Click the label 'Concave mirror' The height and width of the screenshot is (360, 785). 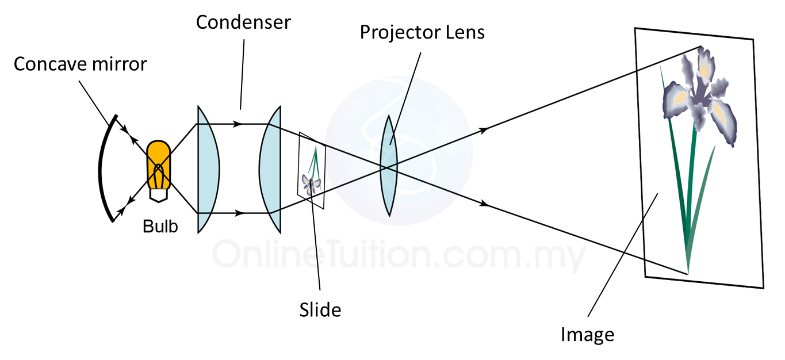(x=81, y=64)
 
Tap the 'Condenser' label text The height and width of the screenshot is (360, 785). (x=243, y=22)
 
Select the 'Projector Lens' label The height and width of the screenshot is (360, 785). (x=422, y=33)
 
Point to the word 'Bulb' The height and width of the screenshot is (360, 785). (x=160, y=226)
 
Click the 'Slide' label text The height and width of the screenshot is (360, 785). (x=320, y=310)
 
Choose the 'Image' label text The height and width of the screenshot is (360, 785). (x=587, y=335)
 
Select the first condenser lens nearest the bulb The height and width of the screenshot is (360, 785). (x=208, y=169)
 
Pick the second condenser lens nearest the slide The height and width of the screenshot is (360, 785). (x=270, y=169)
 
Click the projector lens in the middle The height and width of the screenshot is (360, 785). (x=389, y=166)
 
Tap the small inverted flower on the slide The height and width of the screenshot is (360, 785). (x=311, y=185)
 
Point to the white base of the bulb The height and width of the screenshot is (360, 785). (x=158, y=196)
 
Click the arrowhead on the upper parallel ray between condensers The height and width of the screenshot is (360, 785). (x=238, y=124)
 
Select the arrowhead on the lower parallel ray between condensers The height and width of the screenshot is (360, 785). (x=239, y=213)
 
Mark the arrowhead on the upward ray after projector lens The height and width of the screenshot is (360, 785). (x=484, y=130)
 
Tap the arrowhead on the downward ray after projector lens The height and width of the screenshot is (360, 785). (x=484, y=204)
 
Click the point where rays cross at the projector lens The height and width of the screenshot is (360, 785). (x=386, y=167)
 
